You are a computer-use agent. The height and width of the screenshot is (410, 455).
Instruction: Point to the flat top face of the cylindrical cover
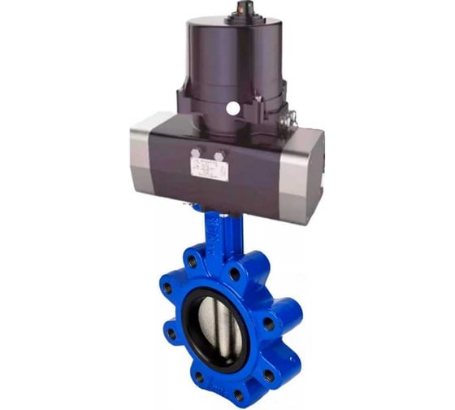[x=236, y=24]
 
